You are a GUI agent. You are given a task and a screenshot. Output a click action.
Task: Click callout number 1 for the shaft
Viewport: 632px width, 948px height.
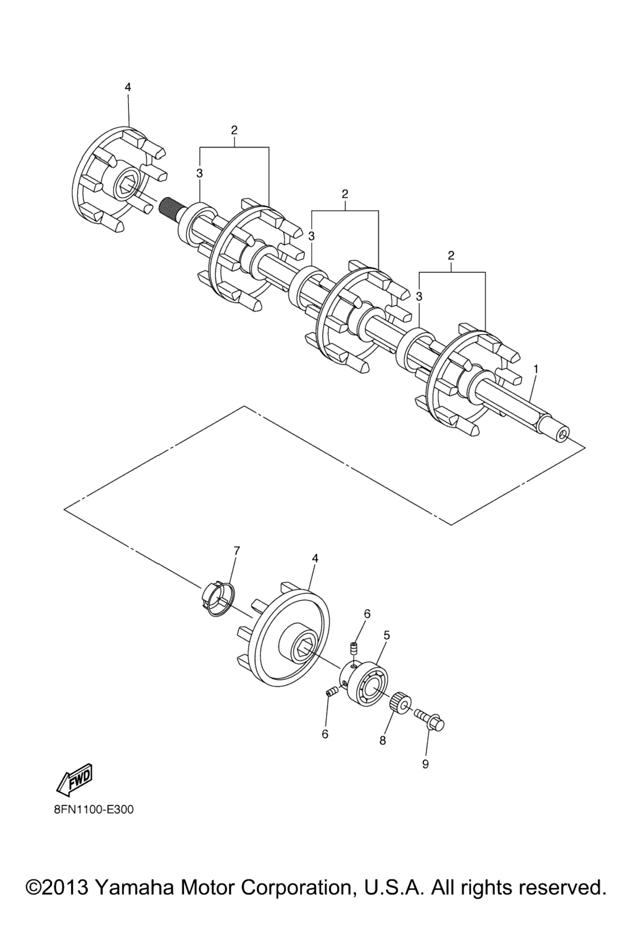[536, 369]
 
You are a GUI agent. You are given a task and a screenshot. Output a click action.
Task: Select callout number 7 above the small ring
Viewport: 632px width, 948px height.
[236, 551]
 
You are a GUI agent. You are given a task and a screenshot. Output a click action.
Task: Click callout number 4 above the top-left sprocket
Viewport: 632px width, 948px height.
[128, 87]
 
